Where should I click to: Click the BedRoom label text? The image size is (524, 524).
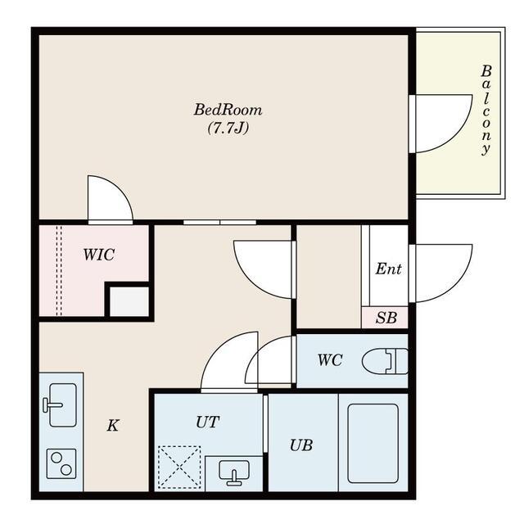(x=228, y=110)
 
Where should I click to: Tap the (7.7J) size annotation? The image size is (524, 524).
(x=228, y=128)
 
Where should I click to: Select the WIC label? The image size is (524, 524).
(x=99, y=255)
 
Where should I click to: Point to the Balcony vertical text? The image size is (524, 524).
(x=486, y=111)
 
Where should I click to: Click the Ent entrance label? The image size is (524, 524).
(x=388, y=269)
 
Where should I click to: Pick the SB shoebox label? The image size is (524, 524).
(x=386, y=318)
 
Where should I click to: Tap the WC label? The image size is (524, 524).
(x=330, y=360)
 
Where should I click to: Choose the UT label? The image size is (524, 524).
(x=207, y=422)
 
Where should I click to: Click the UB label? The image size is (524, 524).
(x=301, y=445)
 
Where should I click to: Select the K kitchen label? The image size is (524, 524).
(x=113, y=426)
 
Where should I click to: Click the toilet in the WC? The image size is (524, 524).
(x=385, y=361)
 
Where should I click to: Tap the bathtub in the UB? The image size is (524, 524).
(x=373, y=444)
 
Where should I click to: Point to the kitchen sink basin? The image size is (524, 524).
(x=63, y=405)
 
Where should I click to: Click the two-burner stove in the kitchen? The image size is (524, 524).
(x=61, y=464)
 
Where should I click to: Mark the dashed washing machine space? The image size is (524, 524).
(x=179, y=467)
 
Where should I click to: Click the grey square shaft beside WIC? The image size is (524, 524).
(x=129, y=301)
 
